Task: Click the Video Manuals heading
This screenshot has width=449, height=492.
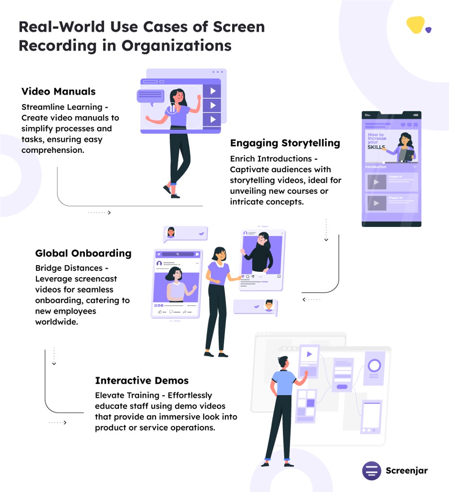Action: click(x=59, y=92)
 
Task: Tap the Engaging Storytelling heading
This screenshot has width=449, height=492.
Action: click(x=285, y=143)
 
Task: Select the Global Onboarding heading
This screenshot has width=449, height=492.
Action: click(x=83, y=253)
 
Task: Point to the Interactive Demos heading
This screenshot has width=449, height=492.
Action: click(x=142, y=381)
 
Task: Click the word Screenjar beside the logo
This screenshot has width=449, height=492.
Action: click(x=406, y=470)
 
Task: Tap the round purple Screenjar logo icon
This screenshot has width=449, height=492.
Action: click(x=372, y=470)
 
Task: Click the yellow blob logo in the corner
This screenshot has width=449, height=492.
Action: click(x=416, y=25)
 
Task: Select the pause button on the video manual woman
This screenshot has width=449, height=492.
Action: click(x=171, y=109)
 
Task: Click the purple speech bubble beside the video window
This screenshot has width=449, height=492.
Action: click(x=151, y=96)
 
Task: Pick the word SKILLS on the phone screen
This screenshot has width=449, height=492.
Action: click(x=377, y=147)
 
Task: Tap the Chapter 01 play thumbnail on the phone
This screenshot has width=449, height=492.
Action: click(x=377, y=182)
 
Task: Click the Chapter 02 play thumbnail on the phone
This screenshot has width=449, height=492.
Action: click(x=377, y=203)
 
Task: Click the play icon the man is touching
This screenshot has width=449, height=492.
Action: click(x=309, y=354)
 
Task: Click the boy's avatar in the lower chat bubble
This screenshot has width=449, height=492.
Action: click(x=269, y=305)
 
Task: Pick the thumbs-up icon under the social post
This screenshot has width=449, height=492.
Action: click(x=160, y=312)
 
